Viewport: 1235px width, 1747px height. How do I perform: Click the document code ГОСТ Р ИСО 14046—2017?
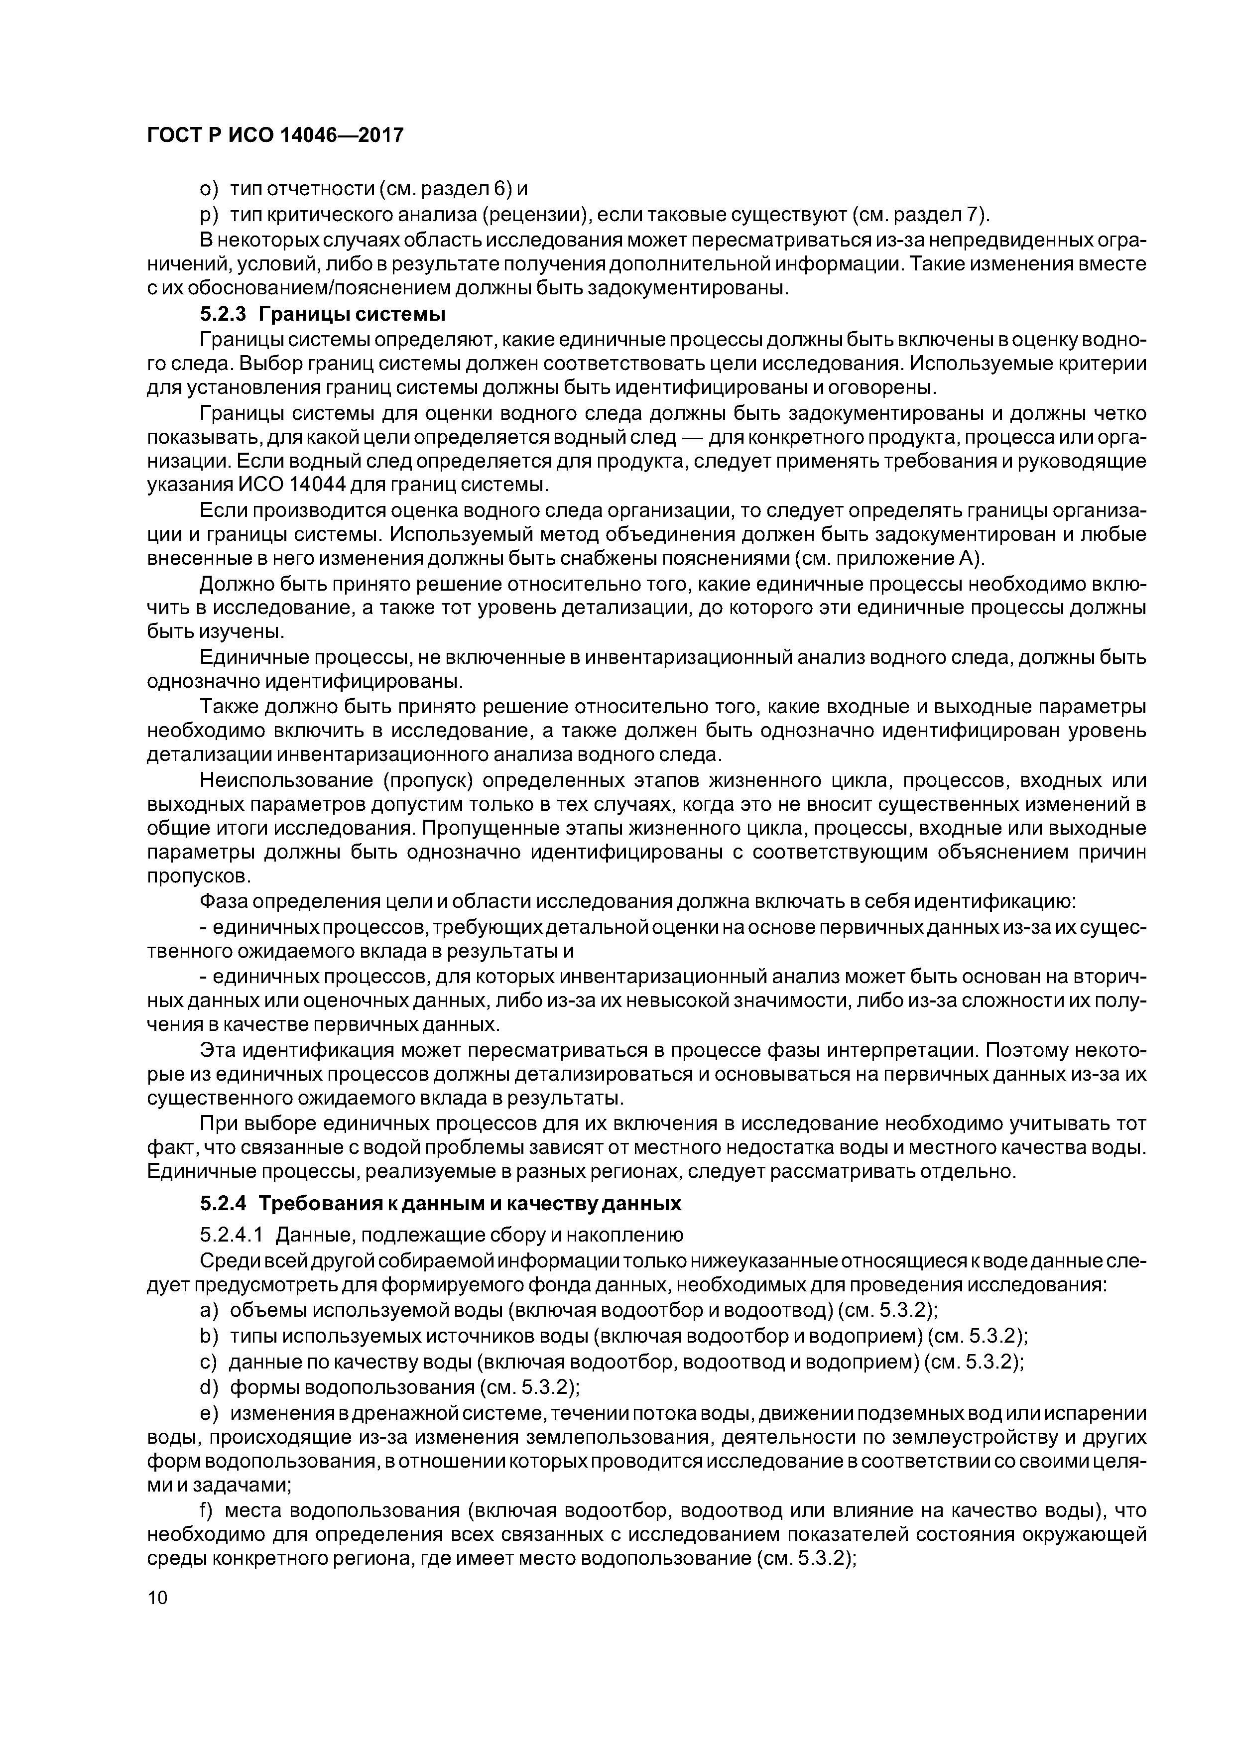point(275,135)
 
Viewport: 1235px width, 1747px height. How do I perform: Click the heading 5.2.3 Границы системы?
point(323,313)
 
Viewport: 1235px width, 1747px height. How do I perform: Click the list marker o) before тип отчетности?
point(209,188)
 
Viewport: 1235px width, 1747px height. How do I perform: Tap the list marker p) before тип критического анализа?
point(209,215)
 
